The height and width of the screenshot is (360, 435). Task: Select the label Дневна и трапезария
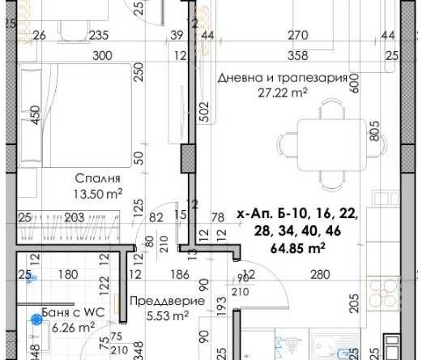[x=283, y=78]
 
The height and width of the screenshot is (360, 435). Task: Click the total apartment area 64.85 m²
[x=298, y=248]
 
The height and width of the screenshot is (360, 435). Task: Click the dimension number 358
[x=299, y=55]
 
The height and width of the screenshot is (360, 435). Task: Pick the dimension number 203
[x=73, y=216]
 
